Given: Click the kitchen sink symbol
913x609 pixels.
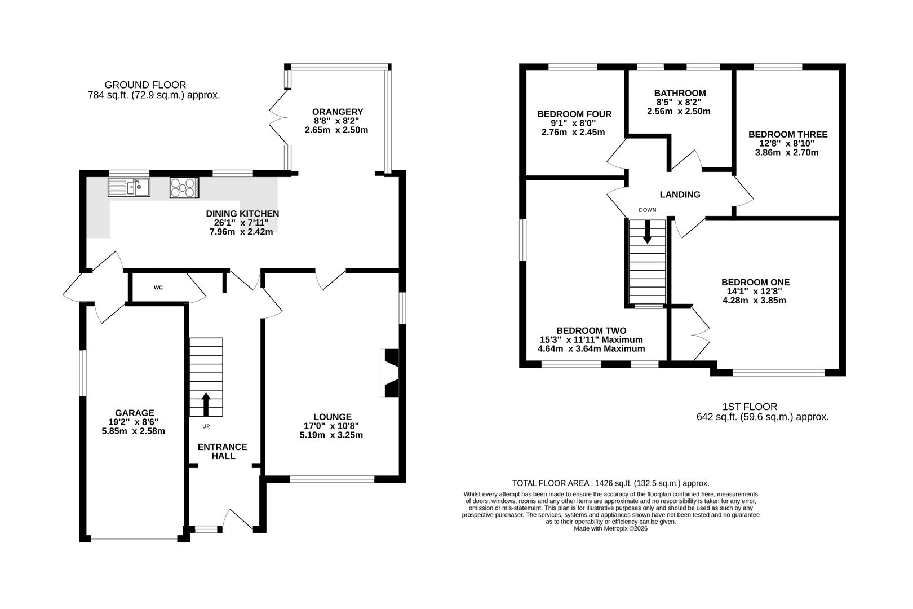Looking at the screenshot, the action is (x=129, y=187).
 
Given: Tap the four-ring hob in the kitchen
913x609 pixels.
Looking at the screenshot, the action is (x=184, y=188).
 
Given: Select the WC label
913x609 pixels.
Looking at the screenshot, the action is (x=158, y=288).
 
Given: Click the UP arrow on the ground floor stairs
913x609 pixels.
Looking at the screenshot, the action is (x=206, y=404).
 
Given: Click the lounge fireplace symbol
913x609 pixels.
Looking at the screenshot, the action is (x=389, y=372).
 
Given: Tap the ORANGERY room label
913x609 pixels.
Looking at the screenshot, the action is (x=338, y=112).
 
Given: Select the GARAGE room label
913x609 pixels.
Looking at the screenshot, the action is (x=135, y=413).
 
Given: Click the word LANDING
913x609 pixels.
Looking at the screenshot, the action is (x=680, y=195).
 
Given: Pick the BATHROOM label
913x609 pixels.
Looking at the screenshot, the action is (x=680, y=93).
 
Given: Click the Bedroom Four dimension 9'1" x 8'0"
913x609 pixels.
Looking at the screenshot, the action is (x=574, y=123).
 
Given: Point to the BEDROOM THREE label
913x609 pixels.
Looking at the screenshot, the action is (x=788, y=134).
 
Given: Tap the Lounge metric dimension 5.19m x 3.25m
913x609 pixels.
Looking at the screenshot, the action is (x=331, y=435).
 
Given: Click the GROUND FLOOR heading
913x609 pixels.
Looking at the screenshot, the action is (x=145, y=85).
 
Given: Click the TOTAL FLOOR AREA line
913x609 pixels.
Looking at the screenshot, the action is (x=610, y=483).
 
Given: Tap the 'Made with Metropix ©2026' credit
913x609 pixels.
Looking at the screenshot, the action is (x=610, y=528).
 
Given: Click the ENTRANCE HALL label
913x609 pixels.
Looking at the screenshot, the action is (x=223, y=452).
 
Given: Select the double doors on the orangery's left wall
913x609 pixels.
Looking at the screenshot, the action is (x=279, y=117).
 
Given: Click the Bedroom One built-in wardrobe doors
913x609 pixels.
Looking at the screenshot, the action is (x=700, y=334).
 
